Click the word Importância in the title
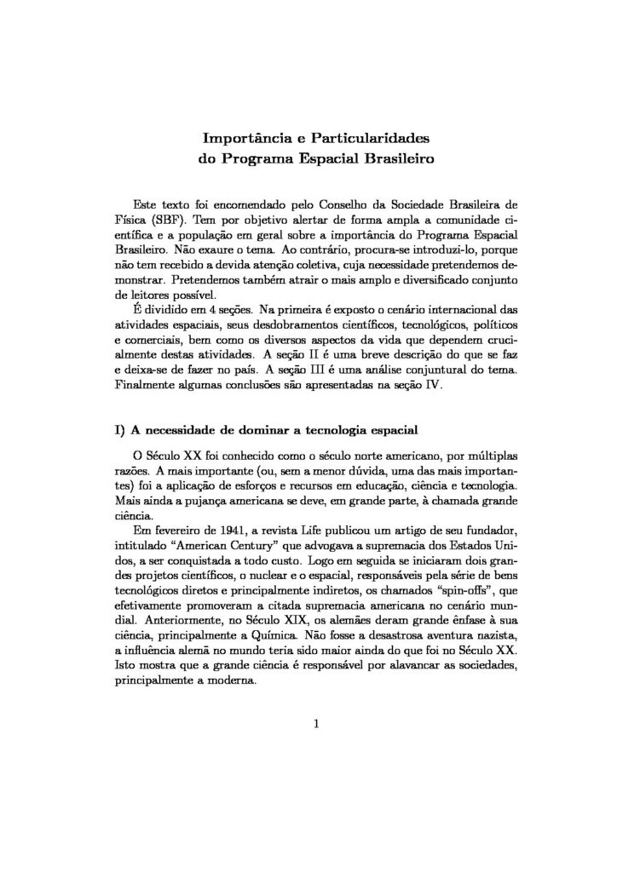coord(243,136)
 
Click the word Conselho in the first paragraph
coord(349,205)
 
